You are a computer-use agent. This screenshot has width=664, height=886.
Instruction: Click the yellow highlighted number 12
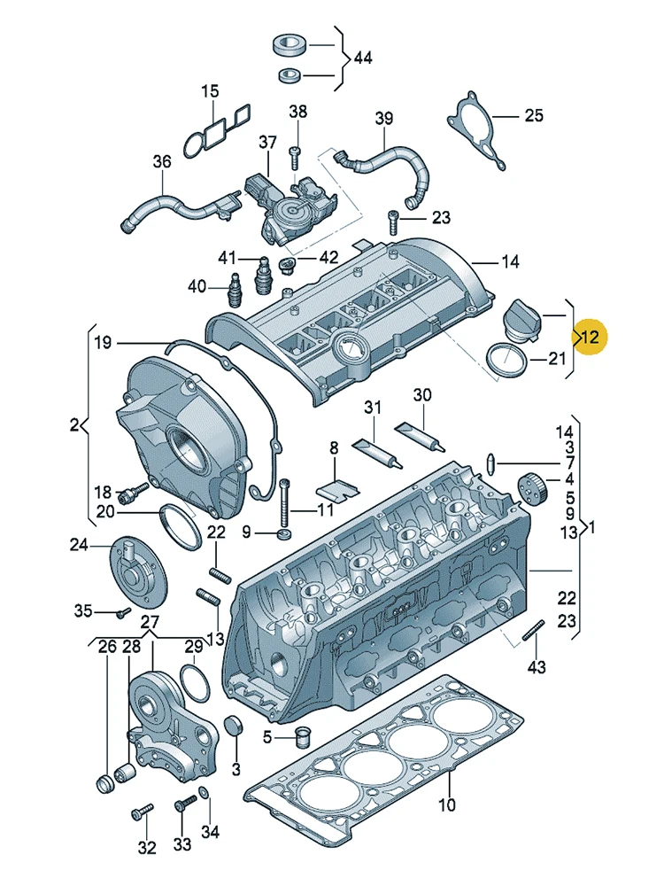(589, 338)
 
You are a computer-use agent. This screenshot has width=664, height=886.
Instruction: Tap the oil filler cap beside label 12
(521, 321)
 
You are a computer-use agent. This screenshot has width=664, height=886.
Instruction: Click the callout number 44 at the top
(363, 58)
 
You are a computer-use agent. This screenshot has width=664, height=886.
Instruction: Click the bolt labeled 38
(295, 159)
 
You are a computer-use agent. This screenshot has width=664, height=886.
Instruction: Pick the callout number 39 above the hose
(384, 118)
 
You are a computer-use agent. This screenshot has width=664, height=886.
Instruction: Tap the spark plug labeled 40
(234, 290)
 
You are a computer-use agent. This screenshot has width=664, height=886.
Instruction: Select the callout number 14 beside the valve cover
(510, 261)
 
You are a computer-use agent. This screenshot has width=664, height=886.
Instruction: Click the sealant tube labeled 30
(420, 436)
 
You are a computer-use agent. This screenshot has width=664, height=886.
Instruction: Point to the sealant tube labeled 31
(377, 453)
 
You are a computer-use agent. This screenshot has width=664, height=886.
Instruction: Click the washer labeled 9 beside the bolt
(285, 533)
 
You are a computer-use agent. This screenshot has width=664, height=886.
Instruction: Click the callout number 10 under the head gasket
(446, 804)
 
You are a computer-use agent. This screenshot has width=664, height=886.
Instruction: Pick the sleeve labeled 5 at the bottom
(304, 734)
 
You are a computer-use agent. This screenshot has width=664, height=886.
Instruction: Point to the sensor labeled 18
(134, 492)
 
